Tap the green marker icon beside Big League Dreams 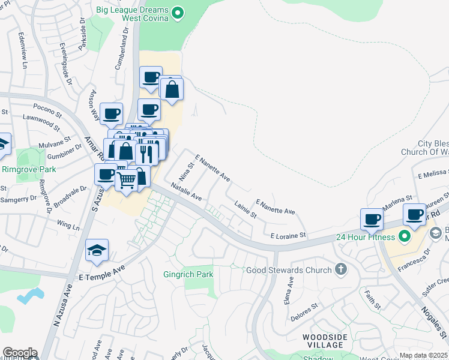[178, 13]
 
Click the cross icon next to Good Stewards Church [342, 269]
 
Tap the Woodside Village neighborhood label [325, 342]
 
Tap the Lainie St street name [246, 209]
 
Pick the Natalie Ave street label [186, 191]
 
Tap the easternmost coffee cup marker [414, 214]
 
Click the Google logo [20, 352]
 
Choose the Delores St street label [304, 311]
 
